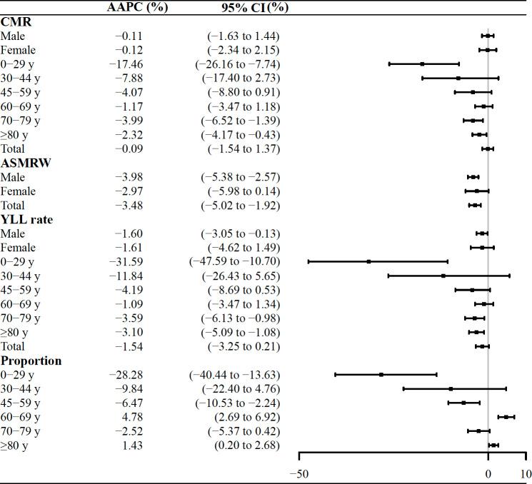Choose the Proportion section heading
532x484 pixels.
click(31, 361)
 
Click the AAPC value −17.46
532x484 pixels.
click(126, 64)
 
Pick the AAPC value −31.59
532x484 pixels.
click(126, 262)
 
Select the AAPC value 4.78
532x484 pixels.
click(132, 417)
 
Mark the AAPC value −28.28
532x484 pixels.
click(126, 375)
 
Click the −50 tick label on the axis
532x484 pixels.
click(298, 474)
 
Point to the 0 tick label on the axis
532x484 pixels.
click(488, 474)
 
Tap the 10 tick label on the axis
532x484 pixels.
click(526, 474)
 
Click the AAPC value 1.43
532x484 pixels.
click(132, 445)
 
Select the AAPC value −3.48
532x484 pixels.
click(129, 206)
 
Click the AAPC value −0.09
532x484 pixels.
click(129, 148)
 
